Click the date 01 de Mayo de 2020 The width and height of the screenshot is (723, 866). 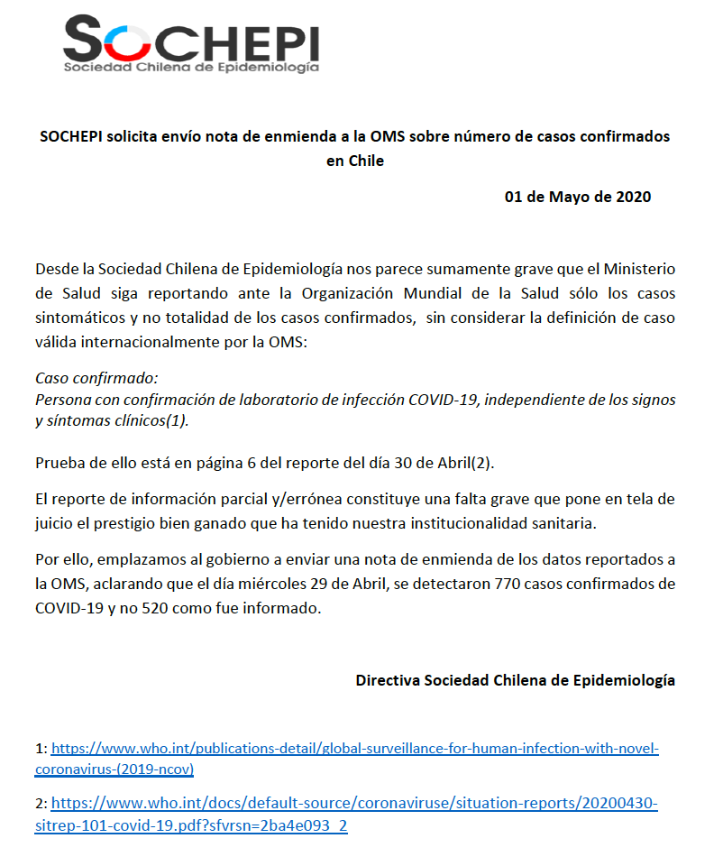[x=577, y=197]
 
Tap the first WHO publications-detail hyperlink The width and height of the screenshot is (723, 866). [x=355, y=749]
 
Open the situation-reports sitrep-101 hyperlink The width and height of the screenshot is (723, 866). [x=354, y=803]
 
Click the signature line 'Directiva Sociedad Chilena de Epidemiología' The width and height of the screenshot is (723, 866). [x=515, y=680]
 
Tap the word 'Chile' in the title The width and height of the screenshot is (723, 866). [x=366, y=161]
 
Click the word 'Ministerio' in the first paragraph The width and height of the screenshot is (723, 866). [x=639, y=270]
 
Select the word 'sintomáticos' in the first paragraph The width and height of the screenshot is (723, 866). [x=78, y=318]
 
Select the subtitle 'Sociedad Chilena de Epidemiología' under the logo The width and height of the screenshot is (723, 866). [x=190, y=67]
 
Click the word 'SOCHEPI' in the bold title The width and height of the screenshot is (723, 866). [x=72, y=137]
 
